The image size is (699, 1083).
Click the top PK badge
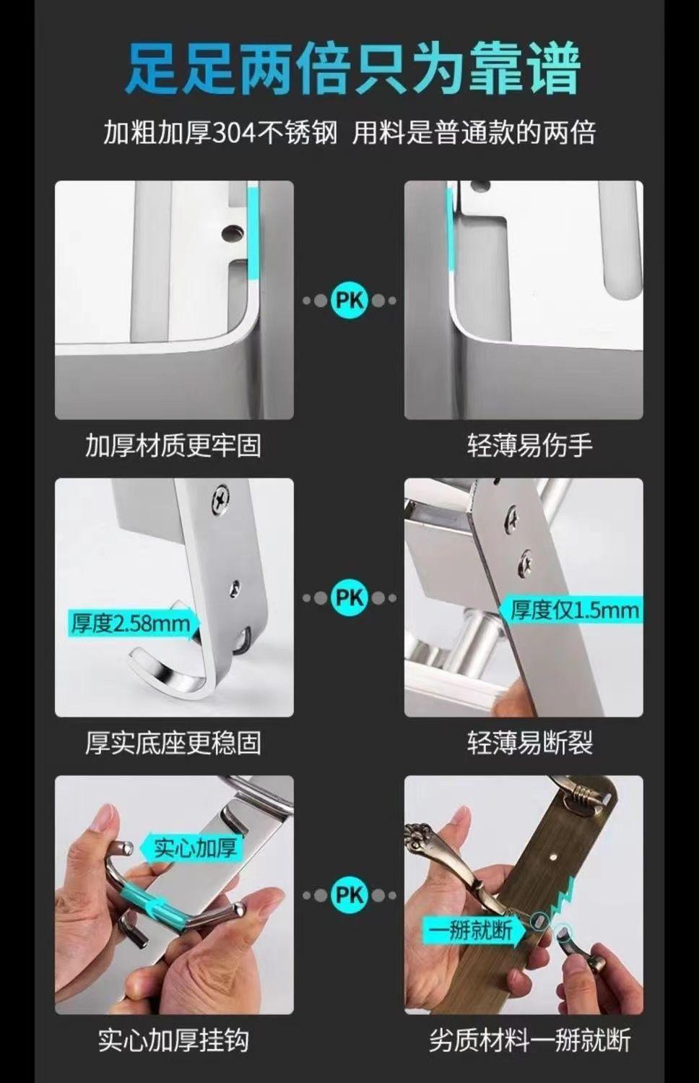coord(349,301)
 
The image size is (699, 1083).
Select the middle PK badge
coord(349,597)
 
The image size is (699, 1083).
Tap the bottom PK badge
coord(349,895)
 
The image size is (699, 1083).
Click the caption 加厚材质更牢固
coord(173,445)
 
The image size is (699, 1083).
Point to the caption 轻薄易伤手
coord(530,445)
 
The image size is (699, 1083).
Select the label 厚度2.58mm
coord(131,624)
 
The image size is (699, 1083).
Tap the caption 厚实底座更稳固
coord(173,743)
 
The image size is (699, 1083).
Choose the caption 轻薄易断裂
coord(530,743)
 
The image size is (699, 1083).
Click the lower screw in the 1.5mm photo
coord(525,560)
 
